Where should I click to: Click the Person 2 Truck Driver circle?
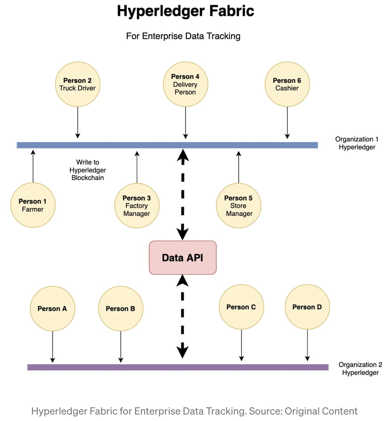click(77, 84)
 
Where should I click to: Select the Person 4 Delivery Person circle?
click(185, 84)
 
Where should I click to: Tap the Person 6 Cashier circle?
click(287, 84)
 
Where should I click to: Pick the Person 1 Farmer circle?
click(33, 205)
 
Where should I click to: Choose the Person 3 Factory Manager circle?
click(136, 206)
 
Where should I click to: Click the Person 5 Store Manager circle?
click(239, 206)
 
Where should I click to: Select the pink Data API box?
click(183, 258)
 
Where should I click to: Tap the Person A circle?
click(52, 308)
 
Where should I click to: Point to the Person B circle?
click(120, 308)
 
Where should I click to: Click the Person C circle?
click(241, 307)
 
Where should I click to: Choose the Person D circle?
click(307, 307)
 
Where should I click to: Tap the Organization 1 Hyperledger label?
click(357, 143)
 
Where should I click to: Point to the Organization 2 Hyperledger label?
click(360, 369)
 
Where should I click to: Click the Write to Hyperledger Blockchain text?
click(87, 170)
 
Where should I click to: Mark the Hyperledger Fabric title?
click(186, 11)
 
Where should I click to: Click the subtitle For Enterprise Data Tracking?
click(183, 36)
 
